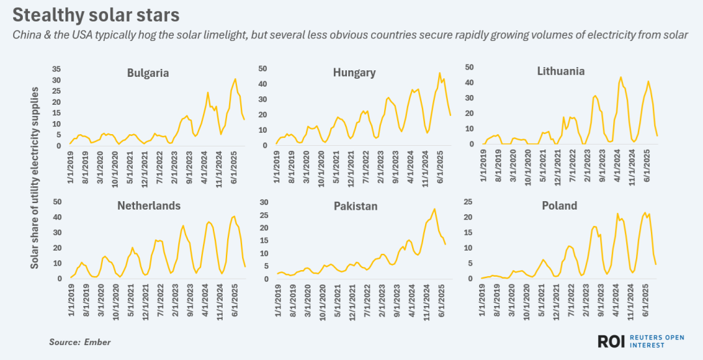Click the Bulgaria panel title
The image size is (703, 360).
pos(148,73)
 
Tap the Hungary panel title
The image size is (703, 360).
pos(353,72)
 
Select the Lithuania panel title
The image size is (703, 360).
pos(560,71)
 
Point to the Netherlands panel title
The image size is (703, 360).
pos(148,206)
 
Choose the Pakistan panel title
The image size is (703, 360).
pos(355,206)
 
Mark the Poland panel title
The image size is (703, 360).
pos(559,206)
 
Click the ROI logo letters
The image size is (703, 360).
pos(613,341)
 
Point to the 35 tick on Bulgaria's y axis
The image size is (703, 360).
pos(56,69)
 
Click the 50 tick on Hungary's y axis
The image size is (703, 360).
pos(263,68)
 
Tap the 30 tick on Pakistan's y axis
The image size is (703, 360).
pos(263,202)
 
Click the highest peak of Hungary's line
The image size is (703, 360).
pos(439,73)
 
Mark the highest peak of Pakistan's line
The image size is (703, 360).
pos(434,209)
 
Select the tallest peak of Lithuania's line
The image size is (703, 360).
pos(620,77)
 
